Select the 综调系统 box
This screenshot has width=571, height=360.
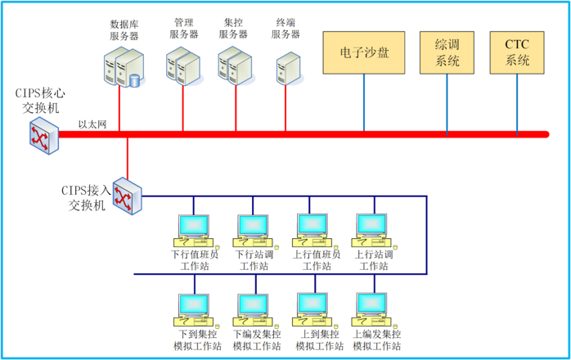(x=447, y=52)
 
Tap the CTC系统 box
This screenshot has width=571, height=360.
(x=517, y=52)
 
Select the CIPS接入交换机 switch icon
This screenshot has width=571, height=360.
(x=127, y=196)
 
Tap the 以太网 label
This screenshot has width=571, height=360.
(x=92, y=124)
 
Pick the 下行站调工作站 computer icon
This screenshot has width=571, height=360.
(x=253, y=230)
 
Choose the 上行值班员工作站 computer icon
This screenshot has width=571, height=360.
(x=313, y=230)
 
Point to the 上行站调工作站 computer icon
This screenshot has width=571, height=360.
(x=371, y=230)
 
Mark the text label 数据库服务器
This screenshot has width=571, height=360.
(x=124, y=30)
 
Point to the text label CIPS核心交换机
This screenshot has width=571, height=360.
(x=40, y=100)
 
